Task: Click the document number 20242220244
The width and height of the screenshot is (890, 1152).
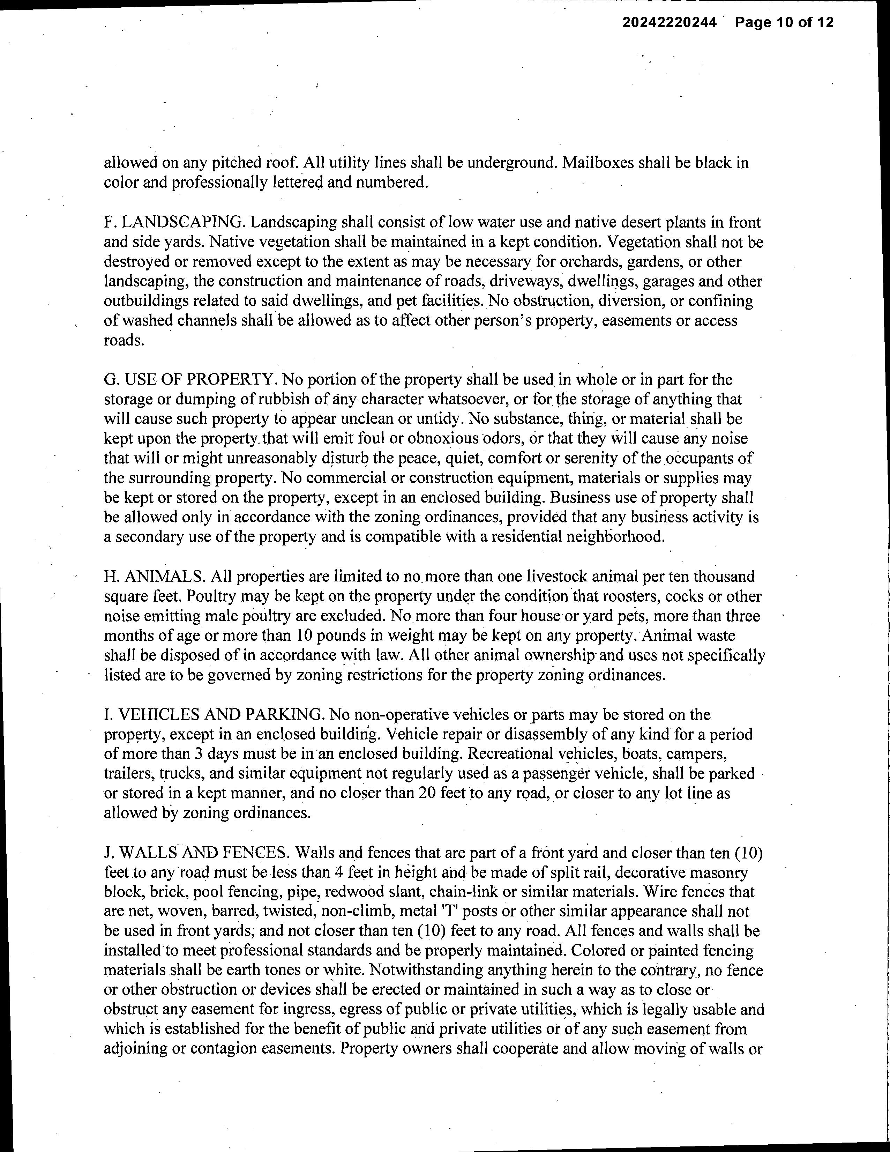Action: pos(669,23)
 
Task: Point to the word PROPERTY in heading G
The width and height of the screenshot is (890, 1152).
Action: pos(230,379)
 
